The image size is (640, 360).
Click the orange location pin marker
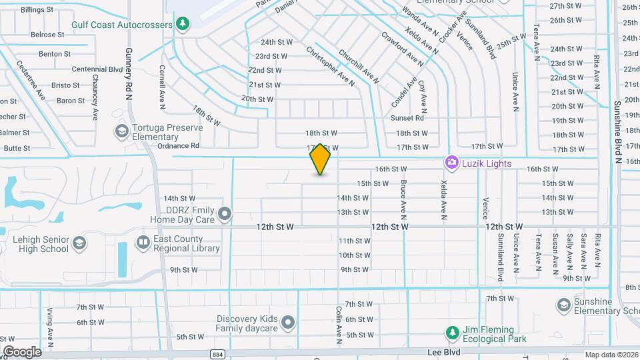[x=321, y=159]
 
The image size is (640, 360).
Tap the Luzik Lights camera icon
[x=451, y=163]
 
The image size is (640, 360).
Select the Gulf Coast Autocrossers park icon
[x=183, y=24]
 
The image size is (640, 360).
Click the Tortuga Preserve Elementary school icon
[x=121, y=130]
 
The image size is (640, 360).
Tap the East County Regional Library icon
[x=143, y=242]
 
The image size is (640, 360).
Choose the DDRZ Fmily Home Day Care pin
[x=225, y=214]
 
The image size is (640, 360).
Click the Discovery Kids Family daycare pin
[x=288, y=323]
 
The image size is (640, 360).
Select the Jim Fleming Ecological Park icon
[x=452, y=332]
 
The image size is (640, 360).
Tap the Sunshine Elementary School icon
[x=563, y=305]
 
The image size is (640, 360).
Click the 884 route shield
[x=217, y=354]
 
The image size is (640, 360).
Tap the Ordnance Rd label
[x=178, y=145]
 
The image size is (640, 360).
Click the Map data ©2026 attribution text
[x=611, y=355]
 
